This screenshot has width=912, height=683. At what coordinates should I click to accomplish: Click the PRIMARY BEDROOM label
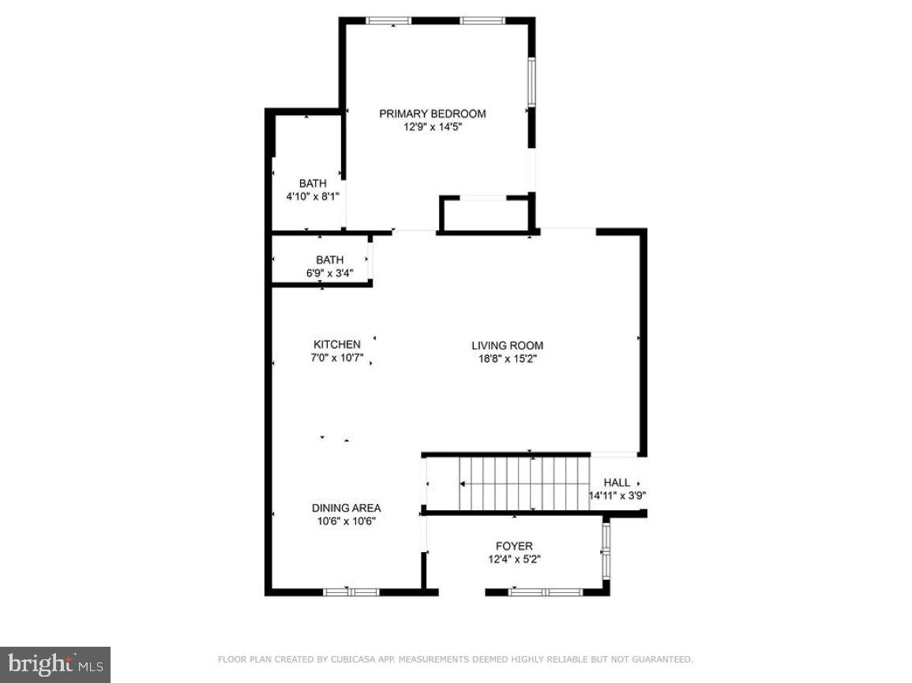coord(432,114)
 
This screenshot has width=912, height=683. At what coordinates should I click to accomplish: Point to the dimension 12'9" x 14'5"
coord(432,126)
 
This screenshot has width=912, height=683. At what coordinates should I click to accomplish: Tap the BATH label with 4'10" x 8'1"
coord(313,184)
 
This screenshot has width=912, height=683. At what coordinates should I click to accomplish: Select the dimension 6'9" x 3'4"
coord(330,273)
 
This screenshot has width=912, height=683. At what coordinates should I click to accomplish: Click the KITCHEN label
coord(337,345)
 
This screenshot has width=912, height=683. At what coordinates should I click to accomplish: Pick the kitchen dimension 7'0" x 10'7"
coord(337,357)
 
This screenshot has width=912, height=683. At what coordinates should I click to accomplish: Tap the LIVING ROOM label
coord(507,345)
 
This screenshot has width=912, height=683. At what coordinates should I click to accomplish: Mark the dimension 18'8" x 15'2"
coord(507,358)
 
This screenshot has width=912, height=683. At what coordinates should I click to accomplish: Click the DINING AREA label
coord(346,508)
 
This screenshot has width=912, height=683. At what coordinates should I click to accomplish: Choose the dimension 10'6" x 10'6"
coord(346,521)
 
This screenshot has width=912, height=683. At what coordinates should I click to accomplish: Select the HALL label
coord(617,483)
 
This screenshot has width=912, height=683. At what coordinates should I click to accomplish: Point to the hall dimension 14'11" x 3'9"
coord(617,496)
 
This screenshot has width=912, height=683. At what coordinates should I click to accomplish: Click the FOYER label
coord(514,546)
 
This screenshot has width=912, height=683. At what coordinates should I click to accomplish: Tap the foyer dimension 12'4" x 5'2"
coord(514,559)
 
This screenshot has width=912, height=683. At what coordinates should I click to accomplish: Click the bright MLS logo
coord(54,664)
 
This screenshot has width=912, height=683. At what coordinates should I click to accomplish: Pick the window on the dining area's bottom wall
coord(351,592)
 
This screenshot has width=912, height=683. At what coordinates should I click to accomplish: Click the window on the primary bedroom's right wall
coord(532,82)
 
